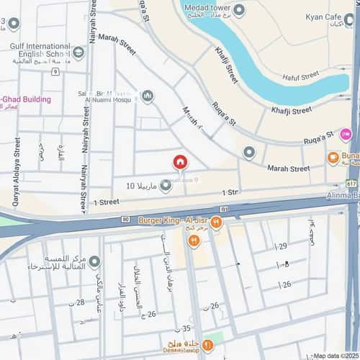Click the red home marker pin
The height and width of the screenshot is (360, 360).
(x=179, y=163)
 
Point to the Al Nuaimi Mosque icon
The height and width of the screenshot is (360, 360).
(x=148, y=96)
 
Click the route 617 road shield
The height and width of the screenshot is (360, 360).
(x=350, y=184)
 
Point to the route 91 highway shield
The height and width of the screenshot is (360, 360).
(x=224, y=210)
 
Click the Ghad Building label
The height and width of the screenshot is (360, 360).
(x=27, y=99)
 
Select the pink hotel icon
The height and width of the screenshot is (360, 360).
(x=346, y=134)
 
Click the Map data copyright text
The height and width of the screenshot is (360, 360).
(x=335, y=356)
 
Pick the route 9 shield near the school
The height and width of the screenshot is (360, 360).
(x=55, y=72)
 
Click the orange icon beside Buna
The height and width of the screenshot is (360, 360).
(x=333, y=157)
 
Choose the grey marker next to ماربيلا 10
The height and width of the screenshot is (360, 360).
(x=166, y=186)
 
